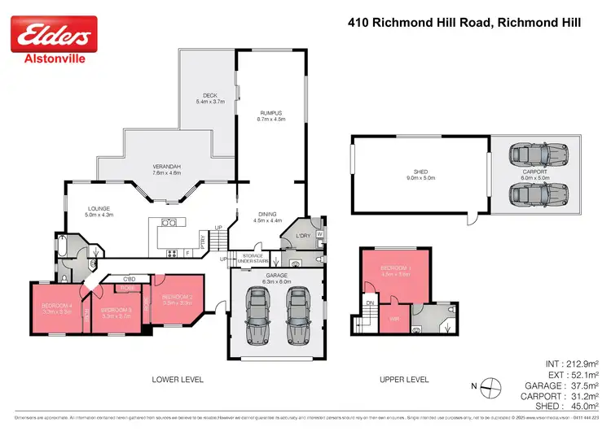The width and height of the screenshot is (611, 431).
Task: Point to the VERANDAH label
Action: [x=166, y=168]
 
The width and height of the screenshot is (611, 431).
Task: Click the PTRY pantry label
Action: [x=204, y=240]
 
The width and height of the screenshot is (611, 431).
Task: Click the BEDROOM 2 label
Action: [x=177, y=298]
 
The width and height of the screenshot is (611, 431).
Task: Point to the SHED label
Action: [x=420, y=172]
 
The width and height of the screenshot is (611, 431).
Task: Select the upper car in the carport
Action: [x=530, y=154]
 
